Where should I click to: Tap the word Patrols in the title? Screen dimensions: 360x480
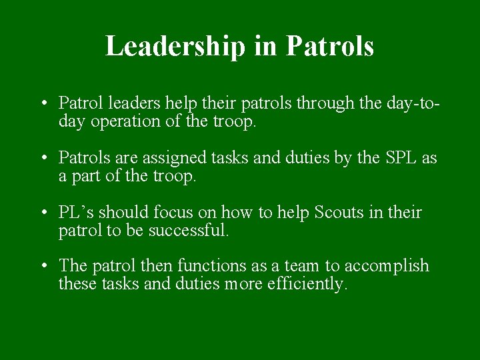329,46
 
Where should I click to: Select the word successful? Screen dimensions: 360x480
192,231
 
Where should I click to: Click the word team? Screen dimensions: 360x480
302,266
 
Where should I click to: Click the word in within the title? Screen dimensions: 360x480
269,46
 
